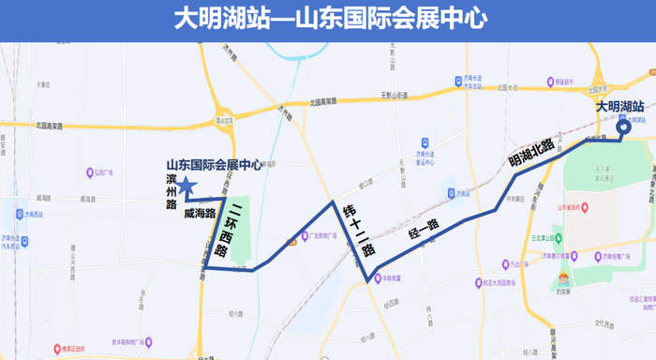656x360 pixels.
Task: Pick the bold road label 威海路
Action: (x=200, y=213)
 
